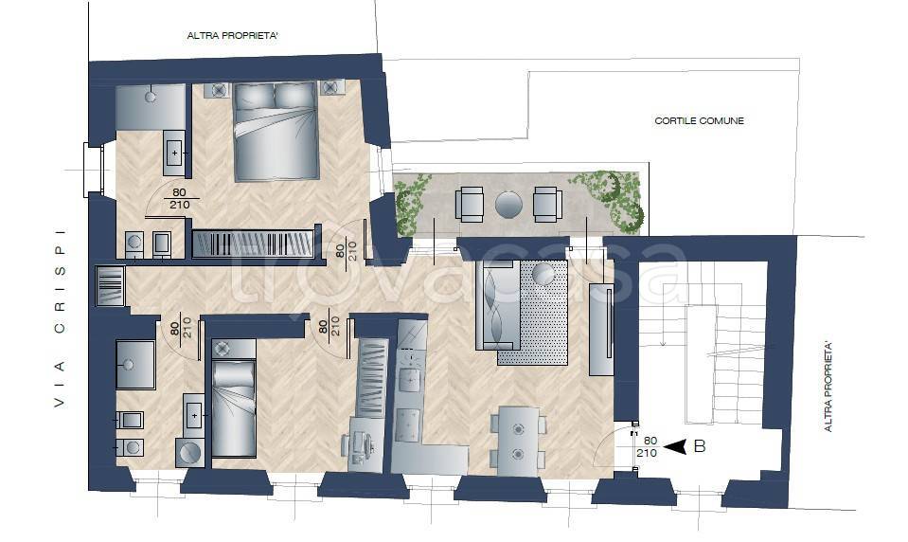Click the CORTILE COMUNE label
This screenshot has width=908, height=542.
(699, 120)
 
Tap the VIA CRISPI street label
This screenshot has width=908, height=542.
(60, 317)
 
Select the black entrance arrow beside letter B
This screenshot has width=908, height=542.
(675, 446)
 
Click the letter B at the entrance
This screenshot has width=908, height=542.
(700, 446)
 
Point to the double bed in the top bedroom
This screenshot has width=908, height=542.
(276, 131)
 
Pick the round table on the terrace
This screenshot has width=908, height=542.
(508, 205)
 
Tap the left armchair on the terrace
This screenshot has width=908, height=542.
(469, 204)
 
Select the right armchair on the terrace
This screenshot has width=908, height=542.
(547, 204)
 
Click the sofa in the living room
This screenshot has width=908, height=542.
(497, 305)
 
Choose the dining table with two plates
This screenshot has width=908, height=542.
(518, 442)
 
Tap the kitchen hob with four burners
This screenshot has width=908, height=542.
(408, 425)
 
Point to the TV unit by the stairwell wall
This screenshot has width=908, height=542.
(601, 329)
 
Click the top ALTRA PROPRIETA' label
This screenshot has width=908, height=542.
(233, 36)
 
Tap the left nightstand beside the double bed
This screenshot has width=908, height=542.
(219, 90)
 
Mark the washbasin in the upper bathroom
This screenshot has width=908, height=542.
(174, 154)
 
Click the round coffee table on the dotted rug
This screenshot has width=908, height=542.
(543, 274)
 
